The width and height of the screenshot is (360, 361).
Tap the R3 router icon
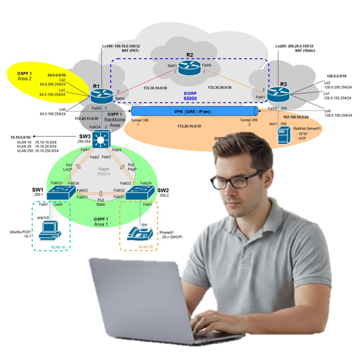click(x=278, y=94)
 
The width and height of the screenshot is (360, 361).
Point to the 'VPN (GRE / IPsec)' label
click(x=194, y=112)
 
